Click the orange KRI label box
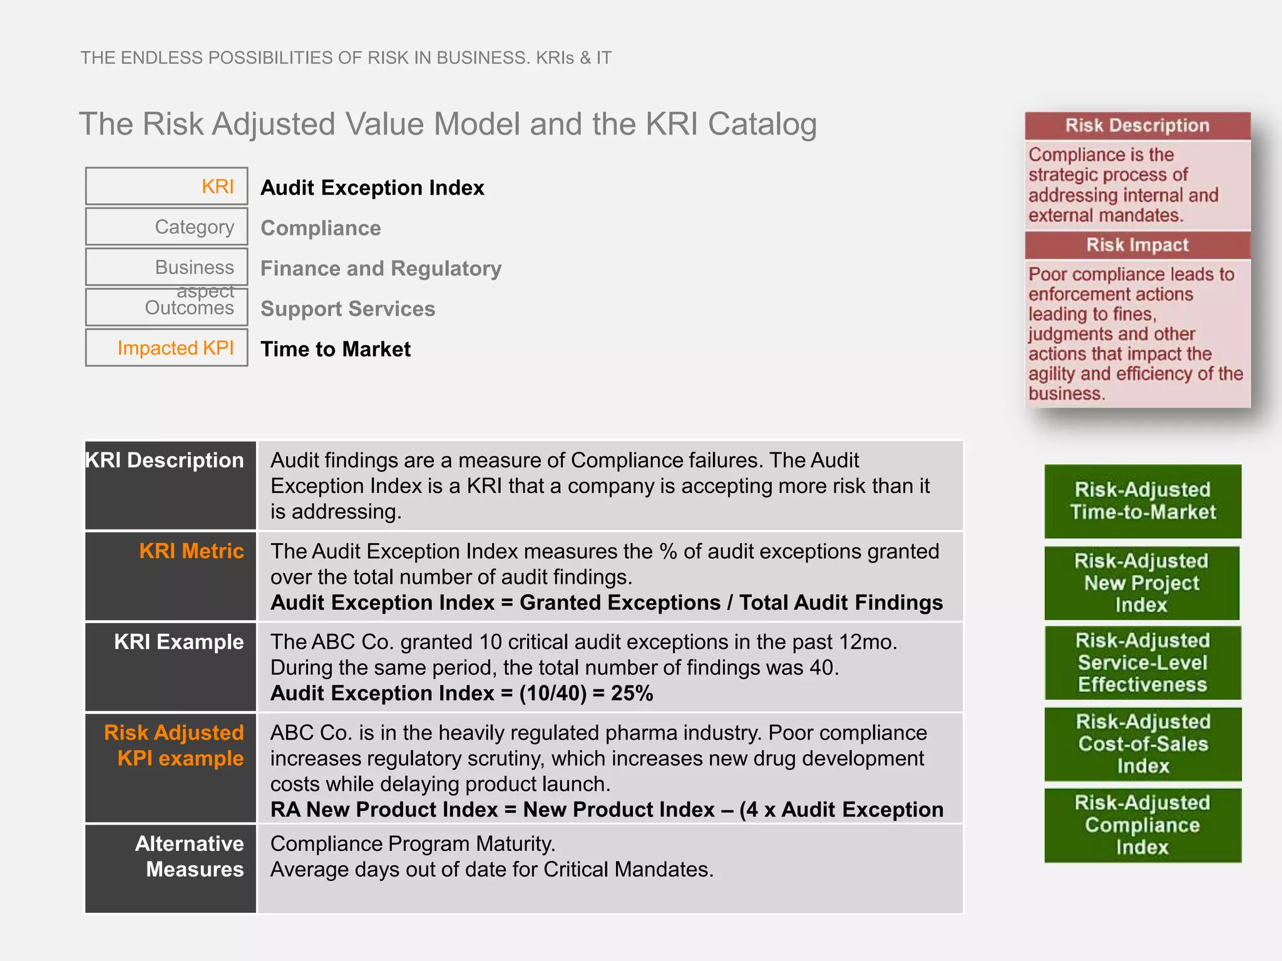(167, 186)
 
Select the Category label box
(167, 226)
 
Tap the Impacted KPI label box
(167, 348)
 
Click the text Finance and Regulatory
(381, 268)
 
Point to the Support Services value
(347, 308)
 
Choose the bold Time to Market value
(336, 349)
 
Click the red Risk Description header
(1137, 126)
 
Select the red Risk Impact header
(1137, 245)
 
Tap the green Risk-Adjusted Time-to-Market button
(1142, 501)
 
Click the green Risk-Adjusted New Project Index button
(1141, 582)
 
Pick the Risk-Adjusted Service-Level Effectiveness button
(1142, 663)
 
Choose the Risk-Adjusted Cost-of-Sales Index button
(1142, 744)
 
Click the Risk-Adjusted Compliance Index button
(1142, 825)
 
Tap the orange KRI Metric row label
(192, 551)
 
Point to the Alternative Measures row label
(190, 857)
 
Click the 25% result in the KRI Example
(632, 693)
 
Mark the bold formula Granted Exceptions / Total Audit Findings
(731, 603)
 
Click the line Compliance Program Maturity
(413, 844)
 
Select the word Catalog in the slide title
(762, 124)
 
